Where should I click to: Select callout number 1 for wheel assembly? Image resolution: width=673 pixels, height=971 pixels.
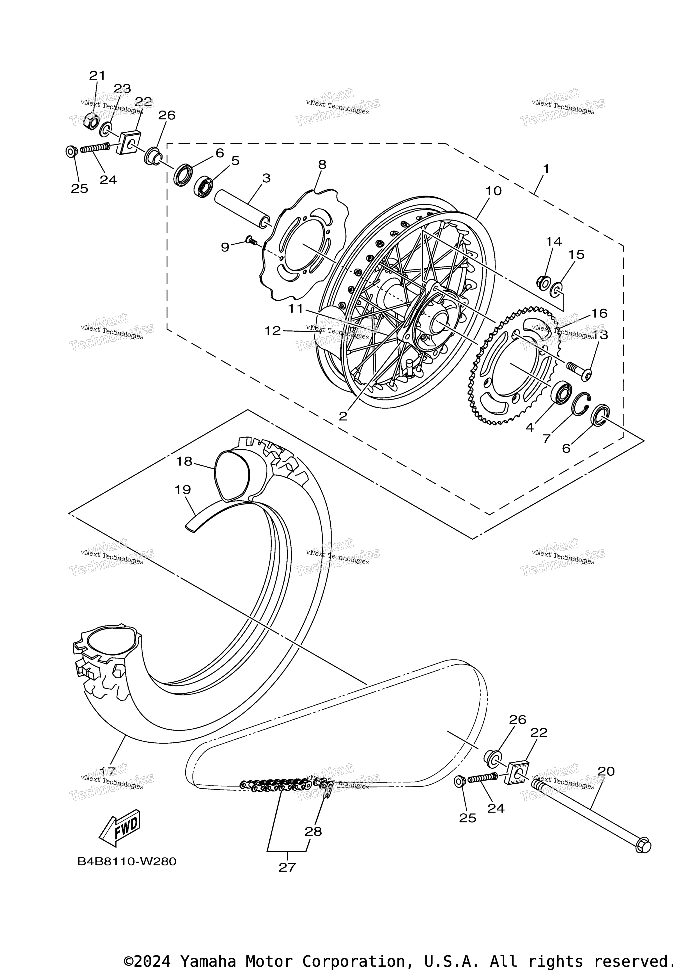(546, 169)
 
